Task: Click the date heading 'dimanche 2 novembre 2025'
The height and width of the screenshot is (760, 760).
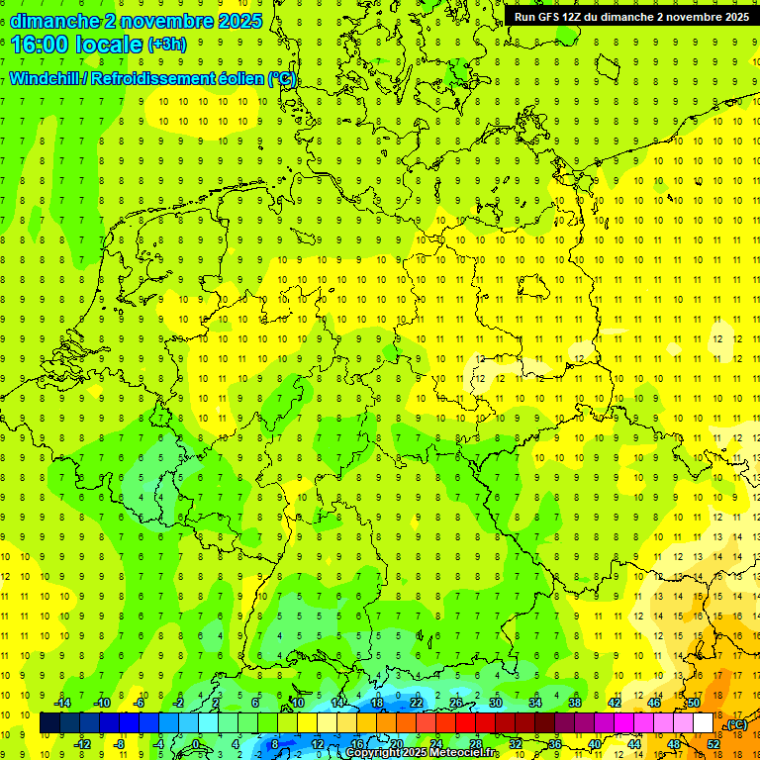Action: (137, 20)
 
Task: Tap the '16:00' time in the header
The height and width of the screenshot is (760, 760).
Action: (39, 44)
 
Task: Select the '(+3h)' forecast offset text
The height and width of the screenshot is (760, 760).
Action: (165, 45)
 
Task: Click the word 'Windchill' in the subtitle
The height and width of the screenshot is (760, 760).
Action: (47, 78)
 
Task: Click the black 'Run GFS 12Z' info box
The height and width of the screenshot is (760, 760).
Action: (630, 17)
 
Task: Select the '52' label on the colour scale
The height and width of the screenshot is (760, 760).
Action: (713, 743)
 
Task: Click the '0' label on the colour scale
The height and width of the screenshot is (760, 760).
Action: (196, 743)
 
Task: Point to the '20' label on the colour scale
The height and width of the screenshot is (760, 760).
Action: (397, 743)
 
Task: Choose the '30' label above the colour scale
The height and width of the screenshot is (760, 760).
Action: (496, 703)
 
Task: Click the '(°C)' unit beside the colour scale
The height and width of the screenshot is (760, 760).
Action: (736, 724)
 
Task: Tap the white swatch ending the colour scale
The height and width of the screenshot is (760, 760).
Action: (704, 723)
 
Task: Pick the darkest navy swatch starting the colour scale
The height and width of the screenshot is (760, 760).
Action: (49, 723)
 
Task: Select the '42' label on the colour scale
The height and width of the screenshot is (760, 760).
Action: (615, 703)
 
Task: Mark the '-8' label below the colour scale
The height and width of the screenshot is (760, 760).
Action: (119, 743)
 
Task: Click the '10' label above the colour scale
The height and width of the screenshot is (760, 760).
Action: (297, 703)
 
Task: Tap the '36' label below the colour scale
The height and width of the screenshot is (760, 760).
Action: (555, 743)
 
